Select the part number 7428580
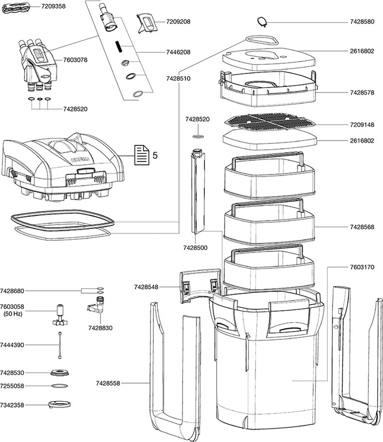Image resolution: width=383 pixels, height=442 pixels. (362, 22)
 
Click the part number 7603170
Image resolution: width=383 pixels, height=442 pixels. (362, 267)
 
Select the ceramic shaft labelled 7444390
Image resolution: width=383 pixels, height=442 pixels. (59, 345)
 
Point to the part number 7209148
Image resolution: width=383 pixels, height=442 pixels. (362, 125)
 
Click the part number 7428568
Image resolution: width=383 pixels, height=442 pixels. (362, 227)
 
